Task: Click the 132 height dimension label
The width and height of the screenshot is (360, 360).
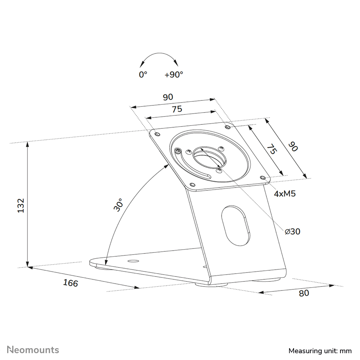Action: click(x=21, y=205)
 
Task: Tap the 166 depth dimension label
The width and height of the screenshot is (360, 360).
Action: click(x=70, y=283)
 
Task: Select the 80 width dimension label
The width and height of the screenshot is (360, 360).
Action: click(x=303, y=293)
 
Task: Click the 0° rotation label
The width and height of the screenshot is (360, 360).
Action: click(x=143, y=75)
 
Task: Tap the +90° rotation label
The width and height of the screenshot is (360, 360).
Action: click(x=174, y=75)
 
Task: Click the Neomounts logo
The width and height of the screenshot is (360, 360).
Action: click(x=33, y=350)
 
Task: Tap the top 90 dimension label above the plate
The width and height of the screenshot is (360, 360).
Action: click(x=168, y=97)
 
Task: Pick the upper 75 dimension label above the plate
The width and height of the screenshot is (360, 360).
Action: click(x=177, y=109)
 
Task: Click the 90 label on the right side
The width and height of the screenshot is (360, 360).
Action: click(x=293, y=146)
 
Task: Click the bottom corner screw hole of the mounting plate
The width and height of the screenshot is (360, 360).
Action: click(x=192, y=185)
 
